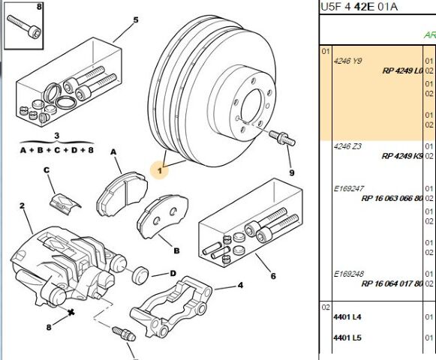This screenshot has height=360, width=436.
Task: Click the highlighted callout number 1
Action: click(x=160, y=170)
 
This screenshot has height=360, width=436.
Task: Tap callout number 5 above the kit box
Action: click(x=136, y=19)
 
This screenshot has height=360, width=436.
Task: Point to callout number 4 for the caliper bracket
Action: click(x=240, y=285)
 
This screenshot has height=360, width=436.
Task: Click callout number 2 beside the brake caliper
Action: click(x=22, y=205)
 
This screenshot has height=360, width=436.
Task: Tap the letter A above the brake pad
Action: click(x=115, y=151)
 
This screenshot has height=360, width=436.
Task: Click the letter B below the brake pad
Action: click(x=176, y=250)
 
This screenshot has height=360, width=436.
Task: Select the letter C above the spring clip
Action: click(x=47, y=170)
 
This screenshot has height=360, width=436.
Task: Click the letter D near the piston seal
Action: click(x=173, y=274)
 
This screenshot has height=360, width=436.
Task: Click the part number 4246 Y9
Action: click(x=347, y=61)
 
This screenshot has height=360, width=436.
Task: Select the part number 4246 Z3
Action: click(x=347, y=145)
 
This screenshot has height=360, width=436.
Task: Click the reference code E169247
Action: click(x=349, y=188)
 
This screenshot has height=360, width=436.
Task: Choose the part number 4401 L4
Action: click(x=347, y=316)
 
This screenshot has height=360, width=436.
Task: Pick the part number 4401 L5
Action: click(x=347, y=337)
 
